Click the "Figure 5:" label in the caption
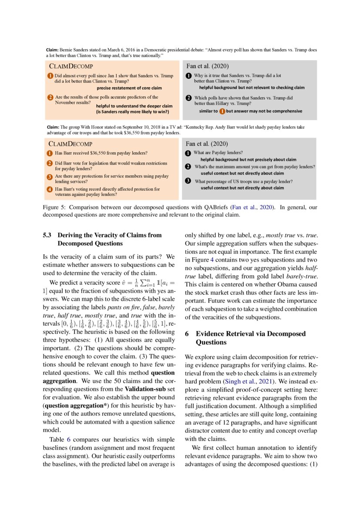point(54,207)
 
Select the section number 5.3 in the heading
point(47,235)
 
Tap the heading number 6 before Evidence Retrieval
point(187,334)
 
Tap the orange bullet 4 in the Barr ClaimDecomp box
point(50,189)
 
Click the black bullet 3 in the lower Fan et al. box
point(188,181)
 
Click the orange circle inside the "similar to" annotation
point(222,111)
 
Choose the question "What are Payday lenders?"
point(218,153)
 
